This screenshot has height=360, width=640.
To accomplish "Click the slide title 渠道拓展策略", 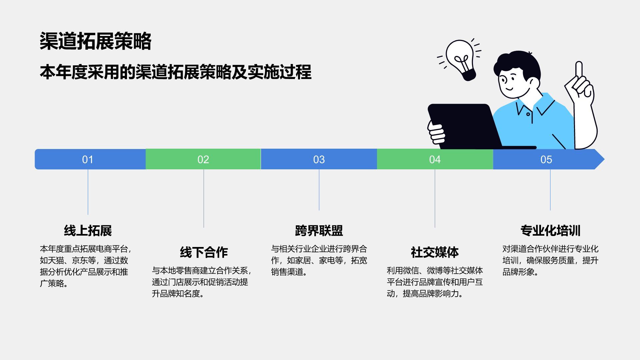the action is (96, 41).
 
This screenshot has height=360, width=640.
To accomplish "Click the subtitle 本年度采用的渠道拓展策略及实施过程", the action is (176, 72).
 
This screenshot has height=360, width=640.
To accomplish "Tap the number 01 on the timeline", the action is (88, 160).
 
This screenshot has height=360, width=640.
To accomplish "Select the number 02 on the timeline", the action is (203, 160).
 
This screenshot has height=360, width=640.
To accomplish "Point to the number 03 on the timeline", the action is (319, 160).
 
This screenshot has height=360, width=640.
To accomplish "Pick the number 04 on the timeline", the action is (435, 160).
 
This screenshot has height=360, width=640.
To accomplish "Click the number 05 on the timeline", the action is (546, 160).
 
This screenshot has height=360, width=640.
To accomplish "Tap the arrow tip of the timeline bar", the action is (604, 159).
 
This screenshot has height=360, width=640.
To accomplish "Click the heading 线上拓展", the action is (88, 231).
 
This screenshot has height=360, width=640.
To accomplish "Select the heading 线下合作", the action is (204, 252).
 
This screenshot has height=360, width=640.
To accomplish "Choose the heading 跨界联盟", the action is (319, 231).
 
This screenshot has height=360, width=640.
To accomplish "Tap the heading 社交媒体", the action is (435, 252).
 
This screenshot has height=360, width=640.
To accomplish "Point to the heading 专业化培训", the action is (550, 231).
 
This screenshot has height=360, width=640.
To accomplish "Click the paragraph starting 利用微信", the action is (435, 282).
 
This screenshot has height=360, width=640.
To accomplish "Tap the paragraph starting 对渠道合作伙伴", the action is (550, 260).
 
